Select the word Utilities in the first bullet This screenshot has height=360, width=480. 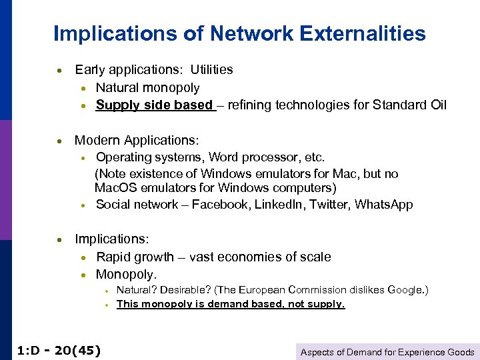(211, 69)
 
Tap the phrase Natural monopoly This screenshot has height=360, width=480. (147, 87)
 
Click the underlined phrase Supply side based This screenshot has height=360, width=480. (154, 105)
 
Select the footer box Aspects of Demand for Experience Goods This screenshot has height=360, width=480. (387, 352)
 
